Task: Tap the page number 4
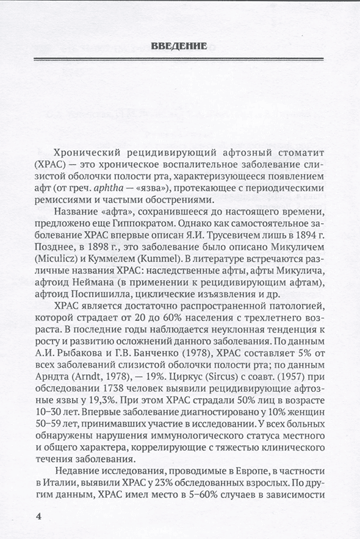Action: [39, 517]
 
